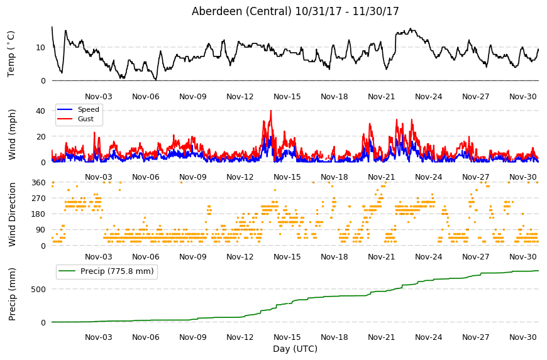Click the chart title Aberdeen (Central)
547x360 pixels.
point(241,11)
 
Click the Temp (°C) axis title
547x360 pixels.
point(11,54)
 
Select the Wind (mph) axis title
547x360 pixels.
point(12,134)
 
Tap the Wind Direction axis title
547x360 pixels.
point(12,214)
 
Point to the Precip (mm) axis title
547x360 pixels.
point(12,294)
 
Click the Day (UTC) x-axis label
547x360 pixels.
point(295,349)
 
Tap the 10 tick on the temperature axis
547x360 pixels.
point(40,48)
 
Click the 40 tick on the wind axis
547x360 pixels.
point(40,111)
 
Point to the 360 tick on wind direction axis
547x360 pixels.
point(38,183)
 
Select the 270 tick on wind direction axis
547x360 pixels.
point(38,199)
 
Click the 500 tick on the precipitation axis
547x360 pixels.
point(38,289)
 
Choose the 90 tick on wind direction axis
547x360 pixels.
point(40,230)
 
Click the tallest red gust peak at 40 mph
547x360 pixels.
point(271,111)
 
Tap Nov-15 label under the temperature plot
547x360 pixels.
point(287,97)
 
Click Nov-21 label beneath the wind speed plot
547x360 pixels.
point(381,177)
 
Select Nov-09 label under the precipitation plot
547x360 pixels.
point(193,337)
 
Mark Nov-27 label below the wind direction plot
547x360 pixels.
point(476,257)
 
